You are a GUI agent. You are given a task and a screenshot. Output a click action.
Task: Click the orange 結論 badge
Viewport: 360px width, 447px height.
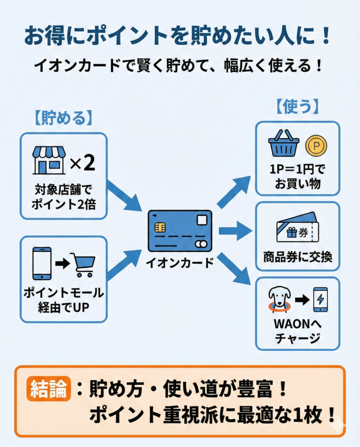pyautogui.click(x=48, y=389)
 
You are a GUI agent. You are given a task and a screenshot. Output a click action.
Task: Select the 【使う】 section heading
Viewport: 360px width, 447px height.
pyautogui.click(x=297, y=107)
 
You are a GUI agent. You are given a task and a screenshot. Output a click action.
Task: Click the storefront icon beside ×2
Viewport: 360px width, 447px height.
pyautogui.click(x=49, y=160)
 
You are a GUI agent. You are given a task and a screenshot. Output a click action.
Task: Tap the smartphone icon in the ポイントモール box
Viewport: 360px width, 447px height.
pyautogui.click(x=42, y=263)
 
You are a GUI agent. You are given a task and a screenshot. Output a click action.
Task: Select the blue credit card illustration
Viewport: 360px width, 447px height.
pyautogui.click(x=180, y=231)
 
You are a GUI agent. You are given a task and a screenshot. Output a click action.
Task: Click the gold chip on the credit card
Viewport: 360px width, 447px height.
pyautogui.click(x=160, y=227)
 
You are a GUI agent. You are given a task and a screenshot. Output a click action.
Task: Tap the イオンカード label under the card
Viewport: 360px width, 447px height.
pyautogui.click(x=180, y=263)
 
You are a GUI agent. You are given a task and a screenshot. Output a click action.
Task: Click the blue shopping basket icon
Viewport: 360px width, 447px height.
pyautogui.click(x=284, y=143)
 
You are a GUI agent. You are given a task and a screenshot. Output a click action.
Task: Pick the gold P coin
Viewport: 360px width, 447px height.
pyautogui.click(x=316, y=146)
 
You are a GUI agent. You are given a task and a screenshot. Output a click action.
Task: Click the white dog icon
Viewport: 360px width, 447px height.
pyautogui.click(x=279, y=299)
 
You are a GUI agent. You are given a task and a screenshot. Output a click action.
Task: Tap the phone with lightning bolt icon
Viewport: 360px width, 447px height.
pyautogui.click(x=320, y=299)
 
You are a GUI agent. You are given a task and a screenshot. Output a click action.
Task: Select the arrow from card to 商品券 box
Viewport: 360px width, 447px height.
pyautogui.click(x=235, y=230)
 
